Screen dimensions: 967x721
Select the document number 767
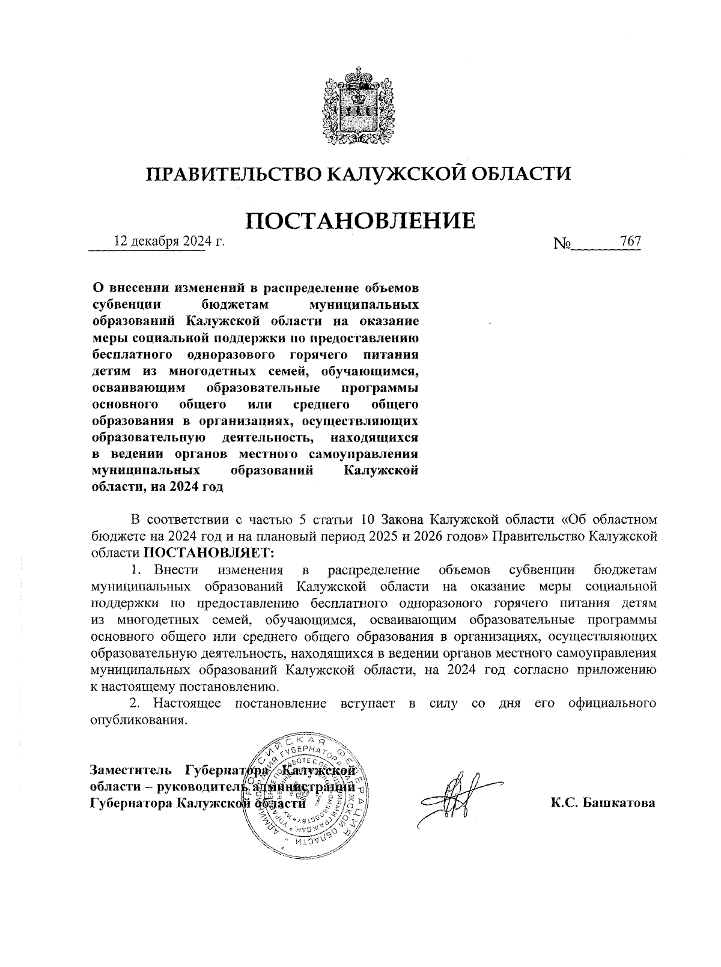coord(630,241)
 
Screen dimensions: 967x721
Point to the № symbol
coord(562,243)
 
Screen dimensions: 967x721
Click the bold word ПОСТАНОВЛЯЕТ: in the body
coord(208,551)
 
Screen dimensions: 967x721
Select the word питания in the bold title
coord(394,353)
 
